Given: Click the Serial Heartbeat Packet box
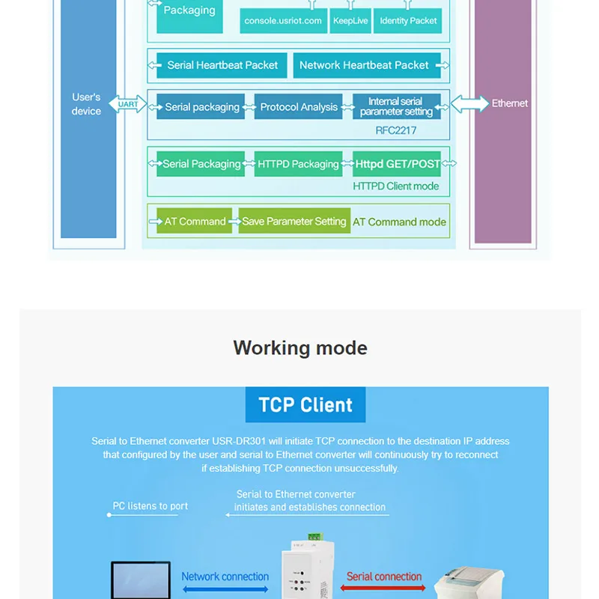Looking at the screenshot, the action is pyautogui.click(x=222, y=65).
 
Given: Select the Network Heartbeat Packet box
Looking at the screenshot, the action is pyautogui.click(x=367, y=65).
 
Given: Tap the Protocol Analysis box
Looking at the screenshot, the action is pyautogui.click(x=298, y=106).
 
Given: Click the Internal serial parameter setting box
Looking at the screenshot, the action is pyautogui.click(x=397, y=106).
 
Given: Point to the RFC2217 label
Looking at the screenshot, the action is pyautogui.click(x=396, y=130).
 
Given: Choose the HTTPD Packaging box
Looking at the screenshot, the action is pyautogui.click(x=298, y=164).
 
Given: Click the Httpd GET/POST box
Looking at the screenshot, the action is pyautogui.click(x=397, y=164).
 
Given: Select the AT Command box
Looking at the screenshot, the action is pyautogui.click(x=195, y=221).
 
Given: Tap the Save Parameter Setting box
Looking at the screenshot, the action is pyautogui.click(x=294, y=221).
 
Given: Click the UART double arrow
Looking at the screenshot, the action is pyautogui.click(x=127, y=104).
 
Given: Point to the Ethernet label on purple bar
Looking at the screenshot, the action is pyautogui.click(x=510, y=103).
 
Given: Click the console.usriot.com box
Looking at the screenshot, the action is pyautogui.click(x=283, y=21).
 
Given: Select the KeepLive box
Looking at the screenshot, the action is pyautogui.click(x=350, y=21).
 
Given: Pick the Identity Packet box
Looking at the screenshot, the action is pyautogui.click(x=407, y=21).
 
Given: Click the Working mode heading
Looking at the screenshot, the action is pyautogui.click(x=300, y=348).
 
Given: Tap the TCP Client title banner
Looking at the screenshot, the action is pyautogui.click(x=305, y=404).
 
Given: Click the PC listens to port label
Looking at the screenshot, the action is pyautogui.click(x=150, y=506).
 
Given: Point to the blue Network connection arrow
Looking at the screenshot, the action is pyautogui.click(x=225, y=589).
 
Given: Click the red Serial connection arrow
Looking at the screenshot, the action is pyautogui.click(x=383, y=588).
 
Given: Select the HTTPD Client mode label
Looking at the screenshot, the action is pyautogui.click(x=396, y=186).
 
